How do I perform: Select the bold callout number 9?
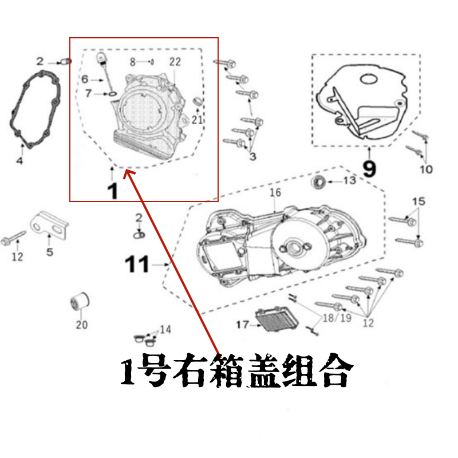tap(370, 169)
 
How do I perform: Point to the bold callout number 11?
tap(137, 265)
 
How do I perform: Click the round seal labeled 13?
tap(319, 183)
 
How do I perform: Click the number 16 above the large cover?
tap(275, 193)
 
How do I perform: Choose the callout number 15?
tap(418, 201)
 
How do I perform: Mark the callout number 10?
tap(426, 169)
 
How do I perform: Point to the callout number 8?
tap(133, 61)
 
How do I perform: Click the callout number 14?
tap(165, 329)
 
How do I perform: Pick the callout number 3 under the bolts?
tap(252, 156)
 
